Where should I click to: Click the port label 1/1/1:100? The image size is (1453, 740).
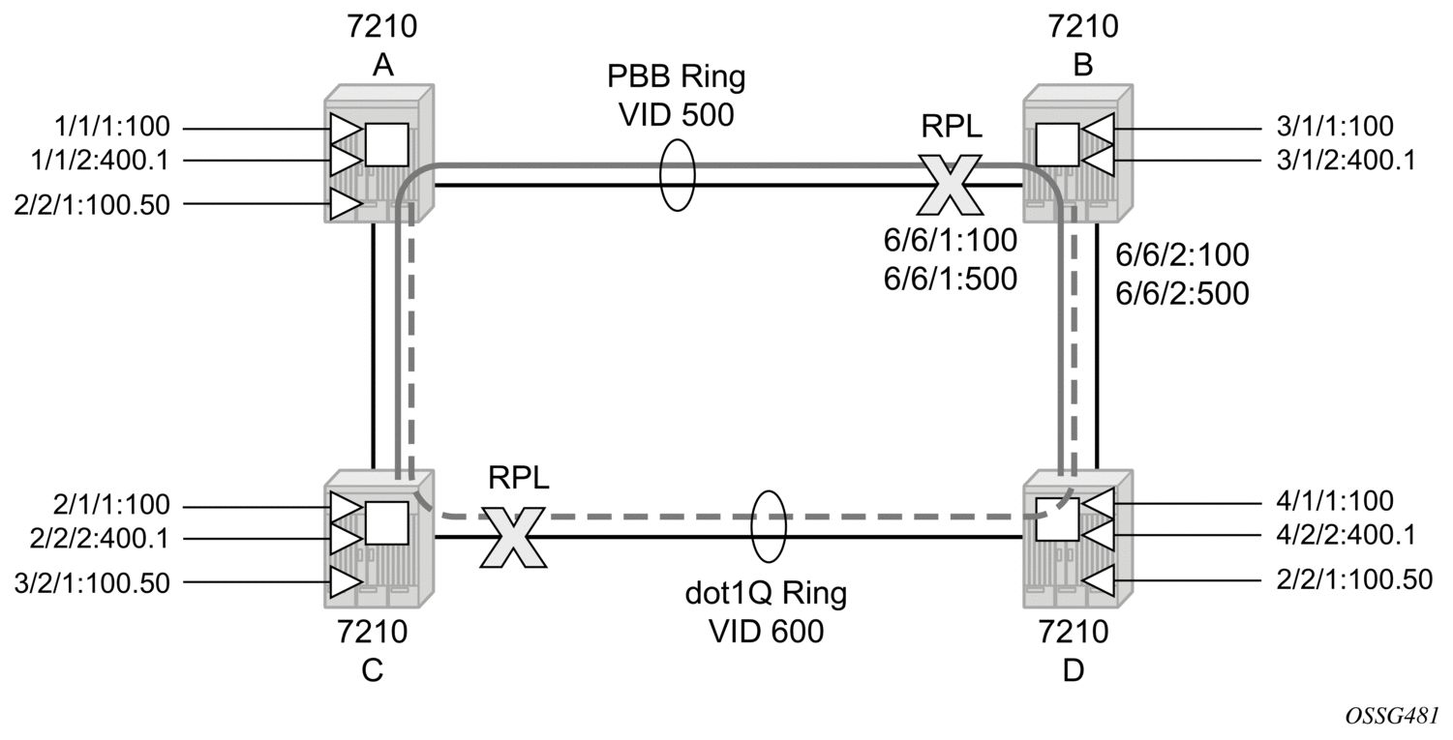tap(112, 127)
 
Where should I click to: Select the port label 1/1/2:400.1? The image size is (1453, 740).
tap(101, 160)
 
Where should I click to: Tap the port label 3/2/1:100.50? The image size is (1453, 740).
tap(92, 582)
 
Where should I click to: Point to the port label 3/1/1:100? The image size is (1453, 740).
tap(1335, 126)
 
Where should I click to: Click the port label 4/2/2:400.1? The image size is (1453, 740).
tap(1346, 535)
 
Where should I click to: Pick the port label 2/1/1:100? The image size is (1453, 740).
tap(111, 505)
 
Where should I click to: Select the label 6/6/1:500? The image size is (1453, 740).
tap(951, 279)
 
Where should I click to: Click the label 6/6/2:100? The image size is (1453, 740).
tap(1182, 254)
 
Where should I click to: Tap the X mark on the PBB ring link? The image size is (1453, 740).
tap(950, 186)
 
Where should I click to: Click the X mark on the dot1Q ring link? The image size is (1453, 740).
tap(513, 537)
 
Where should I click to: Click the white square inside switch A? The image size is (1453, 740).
tap(386, 144)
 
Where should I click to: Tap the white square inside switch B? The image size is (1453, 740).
tap(1057, 144)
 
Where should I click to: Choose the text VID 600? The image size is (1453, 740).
tap(766, 631)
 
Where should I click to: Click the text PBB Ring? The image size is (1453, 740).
tap(677, 77)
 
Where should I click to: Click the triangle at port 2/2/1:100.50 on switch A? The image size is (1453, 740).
tap(346, 204)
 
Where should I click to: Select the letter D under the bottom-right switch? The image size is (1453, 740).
tap(1074, 670)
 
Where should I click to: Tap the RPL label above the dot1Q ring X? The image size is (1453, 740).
tap(519, 478)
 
